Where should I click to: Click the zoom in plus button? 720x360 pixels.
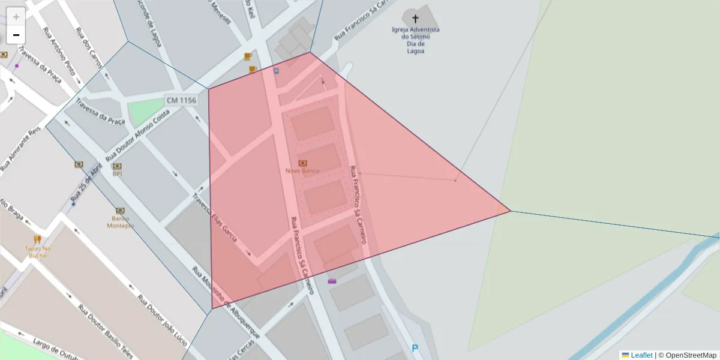tap(16, 17)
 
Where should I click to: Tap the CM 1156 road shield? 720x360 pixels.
tap(181, 101)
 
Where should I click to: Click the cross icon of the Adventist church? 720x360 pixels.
tap(416, 19)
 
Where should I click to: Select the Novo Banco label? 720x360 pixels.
tap(302, 171)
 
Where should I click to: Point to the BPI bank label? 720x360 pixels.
tap(117, 174)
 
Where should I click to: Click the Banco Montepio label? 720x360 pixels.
tap(120, 222)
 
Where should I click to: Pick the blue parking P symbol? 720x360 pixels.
tap(415, 348)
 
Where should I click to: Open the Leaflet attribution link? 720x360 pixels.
tap(641, 355)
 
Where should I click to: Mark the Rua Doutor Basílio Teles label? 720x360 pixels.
tap(104, 330)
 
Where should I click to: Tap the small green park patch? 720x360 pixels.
tap(145, 112)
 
